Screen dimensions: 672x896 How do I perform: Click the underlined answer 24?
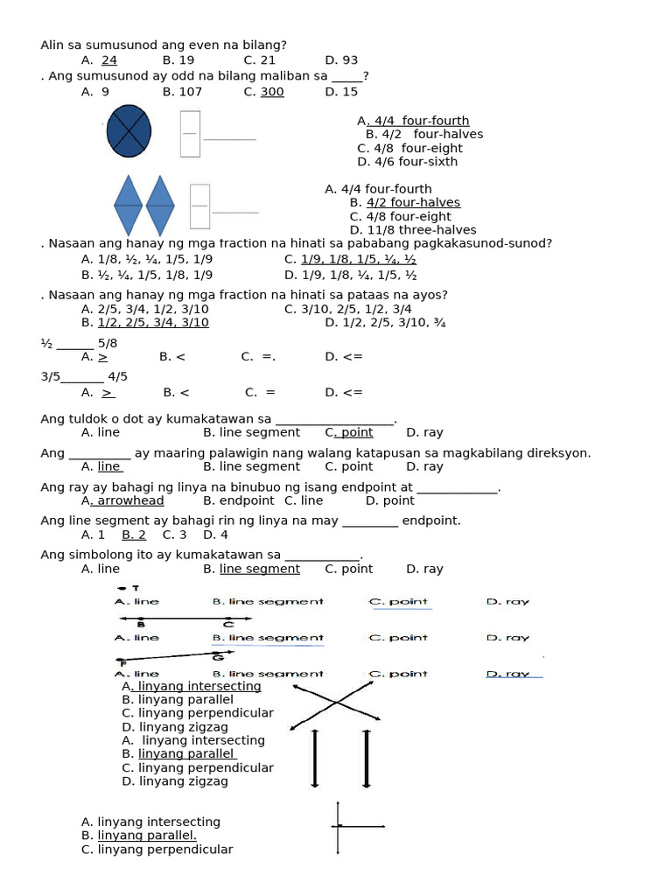tap(109, 60)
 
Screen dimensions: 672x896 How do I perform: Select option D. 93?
tap(341, 60)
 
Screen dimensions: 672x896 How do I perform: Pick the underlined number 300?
tap(272, 92)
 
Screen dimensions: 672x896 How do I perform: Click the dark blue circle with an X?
tap(129, 131)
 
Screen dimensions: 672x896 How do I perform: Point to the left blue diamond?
tap(128, 205)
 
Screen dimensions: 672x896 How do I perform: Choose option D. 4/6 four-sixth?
tap(407, 162)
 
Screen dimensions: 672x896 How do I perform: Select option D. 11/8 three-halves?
tap(401, 230)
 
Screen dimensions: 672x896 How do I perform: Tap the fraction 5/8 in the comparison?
tap(108, 343)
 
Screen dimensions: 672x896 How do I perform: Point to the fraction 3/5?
tap(50, 377)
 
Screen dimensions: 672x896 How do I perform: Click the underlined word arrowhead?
tap(130, 500)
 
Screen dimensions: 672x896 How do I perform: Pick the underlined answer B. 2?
tap(134, 535)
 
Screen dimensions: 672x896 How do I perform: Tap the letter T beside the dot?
tap(136, 589)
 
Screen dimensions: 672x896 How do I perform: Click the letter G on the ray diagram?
tap(219, 656)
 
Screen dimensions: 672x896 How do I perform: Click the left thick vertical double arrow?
tap(315, 758)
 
